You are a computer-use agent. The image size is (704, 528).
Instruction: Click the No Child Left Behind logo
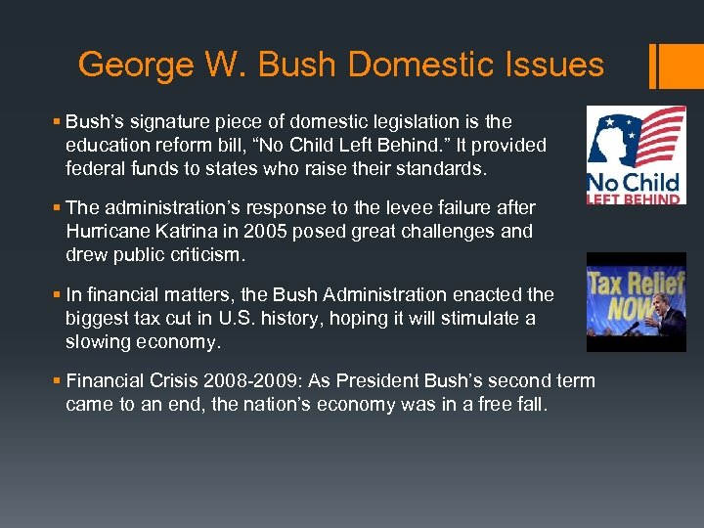coord(636,155)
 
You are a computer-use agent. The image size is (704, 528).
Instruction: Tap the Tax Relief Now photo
coord(636,302)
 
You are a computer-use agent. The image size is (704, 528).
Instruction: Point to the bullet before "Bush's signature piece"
coord(58,122)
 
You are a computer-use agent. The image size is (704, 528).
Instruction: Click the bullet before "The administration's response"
coord(58,208)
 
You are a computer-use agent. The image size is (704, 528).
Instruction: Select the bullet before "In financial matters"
coord(58,294)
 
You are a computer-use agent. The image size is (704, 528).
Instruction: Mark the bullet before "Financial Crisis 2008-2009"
coord(58,381)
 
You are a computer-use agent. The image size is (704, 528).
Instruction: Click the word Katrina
coord(188,232)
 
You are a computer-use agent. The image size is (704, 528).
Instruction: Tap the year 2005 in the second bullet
coord(262,232)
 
